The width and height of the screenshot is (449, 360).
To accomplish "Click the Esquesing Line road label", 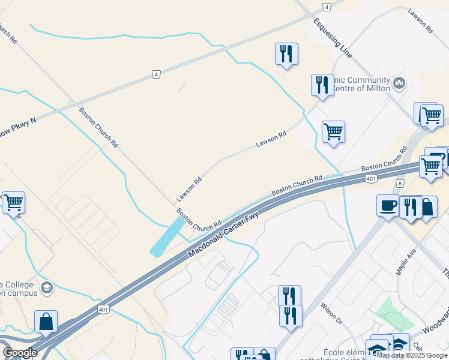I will (x=332, y=37).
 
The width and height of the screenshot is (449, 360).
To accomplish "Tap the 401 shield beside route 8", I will (x=370, y=179).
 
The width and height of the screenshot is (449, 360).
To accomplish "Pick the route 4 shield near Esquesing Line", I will (x=326, y=7).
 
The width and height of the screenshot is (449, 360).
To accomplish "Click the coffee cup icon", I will (x=387, y=205).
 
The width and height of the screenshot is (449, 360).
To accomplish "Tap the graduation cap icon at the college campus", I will (x=46, y=289).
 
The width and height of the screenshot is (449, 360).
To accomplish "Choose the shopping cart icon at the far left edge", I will (x=13, y=203).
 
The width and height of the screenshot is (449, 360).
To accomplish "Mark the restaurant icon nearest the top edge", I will (x=286, y=54).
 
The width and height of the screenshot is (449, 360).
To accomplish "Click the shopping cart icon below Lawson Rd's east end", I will (x=333, y=131).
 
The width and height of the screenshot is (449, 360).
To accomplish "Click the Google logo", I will (x=20, y=353).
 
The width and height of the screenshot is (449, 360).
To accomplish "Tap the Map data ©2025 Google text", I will (x=412, y=355).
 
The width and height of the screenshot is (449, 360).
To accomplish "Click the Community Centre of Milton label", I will (x=364, y=85).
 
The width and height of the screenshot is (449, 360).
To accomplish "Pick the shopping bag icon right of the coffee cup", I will (x=427, y=207).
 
